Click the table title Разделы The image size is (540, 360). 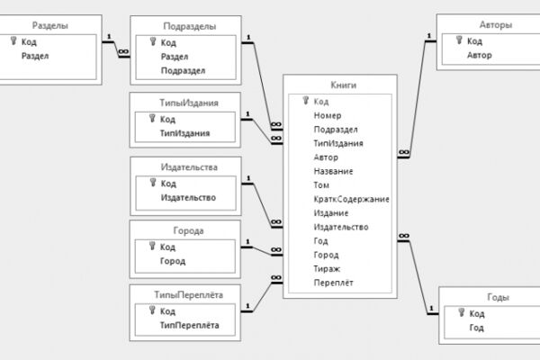click(49, 25)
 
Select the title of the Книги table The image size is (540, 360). click(344, 85)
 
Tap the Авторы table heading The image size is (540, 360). click(496, 25)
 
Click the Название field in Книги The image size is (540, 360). click(333, 171)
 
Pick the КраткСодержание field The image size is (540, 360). click(351, 199)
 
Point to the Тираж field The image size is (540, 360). click(327, 269)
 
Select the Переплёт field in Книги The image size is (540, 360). click(333, 283)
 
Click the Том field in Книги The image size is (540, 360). click(321, 185)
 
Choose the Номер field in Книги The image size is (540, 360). click(328, 115)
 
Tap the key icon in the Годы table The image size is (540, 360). click(462, 312)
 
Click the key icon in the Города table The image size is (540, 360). click(152, 246)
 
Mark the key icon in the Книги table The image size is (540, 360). click(305, 100)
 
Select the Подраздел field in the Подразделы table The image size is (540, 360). click(183, 70)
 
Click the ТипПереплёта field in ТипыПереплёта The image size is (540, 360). click(189, 325)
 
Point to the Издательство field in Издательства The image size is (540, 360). click(188, 198)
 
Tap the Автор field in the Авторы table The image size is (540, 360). click(480, 55)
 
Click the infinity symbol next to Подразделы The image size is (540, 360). click(123, 52)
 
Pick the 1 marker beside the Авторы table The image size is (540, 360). click(429, 36)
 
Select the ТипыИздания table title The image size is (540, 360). click(189, 103)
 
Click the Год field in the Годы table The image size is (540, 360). click(477, 328)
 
